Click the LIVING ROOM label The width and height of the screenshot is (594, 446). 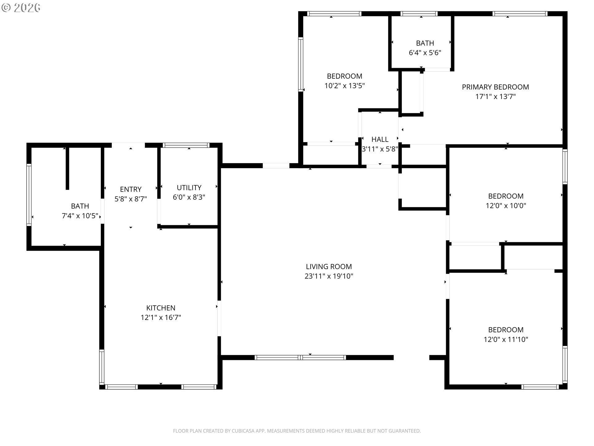click(329, 267)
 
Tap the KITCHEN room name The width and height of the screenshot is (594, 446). click(161, 308)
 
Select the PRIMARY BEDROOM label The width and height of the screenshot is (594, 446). click(495, 87)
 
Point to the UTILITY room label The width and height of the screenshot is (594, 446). click(189, 188)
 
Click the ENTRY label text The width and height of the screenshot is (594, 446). click(131, 189)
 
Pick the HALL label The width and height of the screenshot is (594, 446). click(380, 139)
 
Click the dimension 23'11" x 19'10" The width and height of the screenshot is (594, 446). click(329, 276)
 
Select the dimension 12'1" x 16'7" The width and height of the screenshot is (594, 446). click(161, 317)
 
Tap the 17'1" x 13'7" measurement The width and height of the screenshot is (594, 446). click(495, 97)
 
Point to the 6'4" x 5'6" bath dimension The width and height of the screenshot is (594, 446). click(425, 53)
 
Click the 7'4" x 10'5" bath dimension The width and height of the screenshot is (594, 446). click(80, 216)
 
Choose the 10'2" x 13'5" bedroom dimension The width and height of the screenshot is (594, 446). click(345, 86)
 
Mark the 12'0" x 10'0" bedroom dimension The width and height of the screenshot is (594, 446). click(506, 206)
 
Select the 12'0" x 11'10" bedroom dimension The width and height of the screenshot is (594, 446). click(506, 339)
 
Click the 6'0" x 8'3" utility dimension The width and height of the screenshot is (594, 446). click(189, 197)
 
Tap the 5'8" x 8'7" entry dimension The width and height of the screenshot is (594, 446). click(131, 199)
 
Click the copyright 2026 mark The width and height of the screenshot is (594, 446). click(21, 8)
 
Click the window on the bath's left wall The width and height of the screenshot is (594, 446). click(29, 194)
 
